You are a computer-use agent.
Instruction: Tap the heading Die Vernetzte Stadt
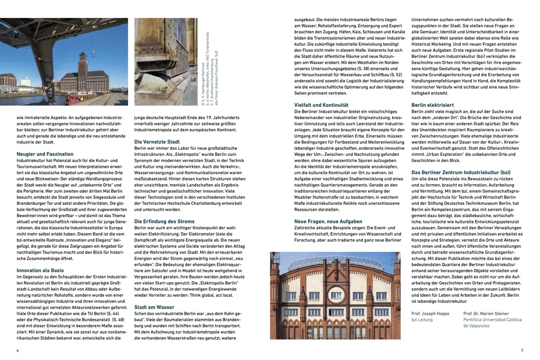click(x=157, y=142)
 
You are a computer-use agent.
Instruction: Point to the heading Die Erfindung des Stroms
click(x=164, y=221)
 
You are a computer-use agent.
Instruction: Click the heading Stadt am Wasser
click(x=154, y=307)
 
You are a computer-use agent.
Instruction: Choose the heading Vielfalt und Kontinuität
click(x=321, y=105)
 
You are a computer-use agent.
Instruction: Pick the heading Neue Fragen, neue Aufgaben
click(x=328, y=221)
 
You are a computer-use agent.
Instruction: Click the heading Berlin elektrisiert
click(x=433, y=105)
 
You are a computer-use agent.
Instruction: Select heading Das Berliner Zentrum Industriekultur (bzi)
click(x=461, y=172)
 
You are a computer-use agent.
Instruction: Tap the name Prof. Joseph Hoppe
click(x=430, y=313)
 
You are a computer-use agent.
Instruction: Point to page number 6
click(x=17, y=350)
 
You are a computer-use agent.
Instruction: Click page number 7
click(x=522, y=350)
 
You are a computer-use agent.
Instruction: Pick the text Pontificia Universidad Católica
click(x=492, y=319)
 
